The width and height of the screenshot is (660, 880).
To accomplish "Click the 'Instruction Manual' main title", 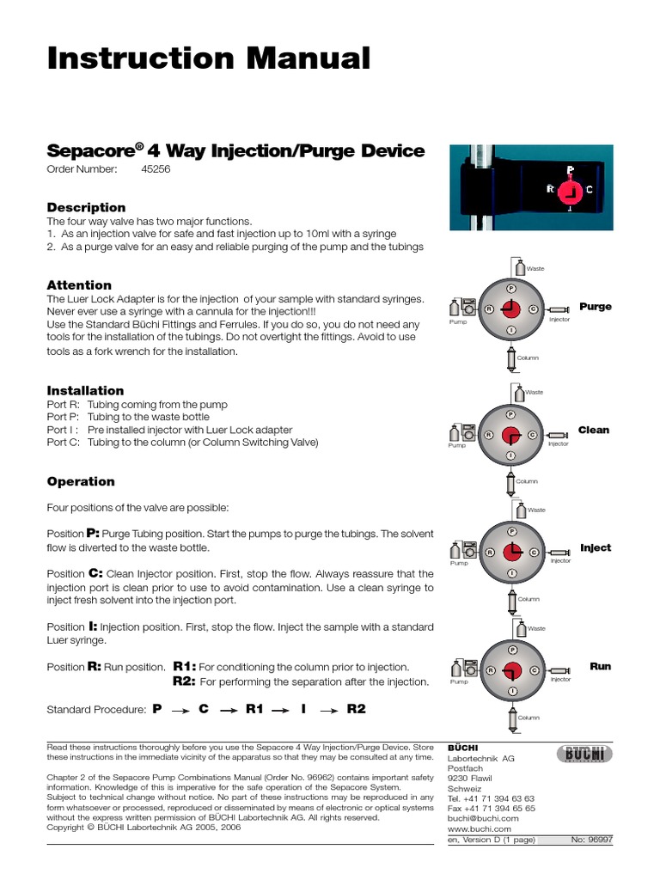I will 208,58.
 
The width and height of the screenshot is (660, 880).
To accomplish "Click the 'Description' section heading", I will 86,207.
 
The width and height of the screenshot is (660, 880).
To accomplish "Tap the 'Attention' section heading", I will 79,284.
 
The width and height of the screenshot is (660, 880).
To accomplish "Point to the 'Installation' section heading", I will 85,390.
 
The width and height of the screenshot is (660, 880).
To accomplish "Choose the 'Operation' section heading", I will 81,481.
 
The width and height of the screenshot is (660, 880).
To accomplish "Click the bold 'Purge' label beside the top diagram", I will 596,307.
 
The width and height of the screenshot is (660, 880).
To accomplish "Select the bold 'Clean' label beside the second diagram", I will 594,430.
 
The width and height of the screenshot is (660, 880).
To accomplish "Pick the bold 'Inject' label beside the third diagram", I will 596,547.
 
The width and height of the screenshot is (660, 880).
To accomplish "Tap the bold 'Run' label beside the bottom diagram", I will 600,666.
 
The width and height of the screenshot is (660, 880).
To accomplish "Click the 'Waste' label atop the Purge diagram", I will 535,269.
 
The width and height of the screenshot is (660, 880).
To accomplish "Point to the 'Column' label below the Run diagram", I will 529,717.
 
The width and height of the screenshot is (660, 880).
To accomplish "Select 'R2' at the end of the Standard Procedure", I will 356,709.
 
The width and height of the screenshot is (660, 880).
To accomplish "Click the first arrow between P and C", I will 180,710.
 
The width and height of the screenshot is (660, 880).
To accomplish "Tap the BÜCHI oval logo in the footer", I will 584,754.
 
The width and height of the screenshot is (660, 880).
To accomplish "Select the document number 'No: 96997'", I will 591,840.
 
